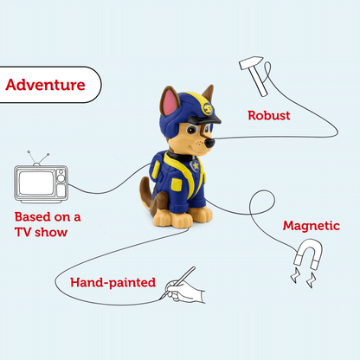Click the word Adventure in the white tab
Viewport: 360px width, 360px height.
45,85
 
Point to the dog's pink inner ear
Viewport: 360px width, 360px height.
165,106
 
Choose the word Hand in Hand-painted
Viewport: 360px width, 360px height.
87,282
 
